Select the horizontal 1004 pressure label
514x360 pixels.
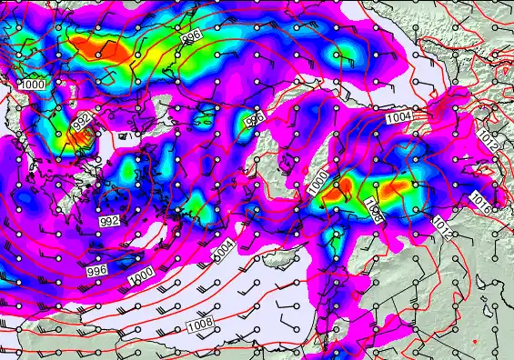click(x=398, y=118)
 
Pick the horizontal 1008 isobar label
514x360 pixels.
click(x=200, y=325)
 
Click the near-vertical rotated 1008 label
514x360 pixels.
click(x=372, y=209)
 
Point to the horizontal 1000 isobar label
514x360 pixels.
click(x=33, y=84)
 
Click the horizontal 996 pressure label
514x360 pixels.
click(x=97, y=270)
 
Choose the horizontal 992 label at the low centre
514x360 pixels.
click(x=109, y=221)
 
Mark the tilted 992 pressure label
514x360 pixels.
click(x=80, y=121)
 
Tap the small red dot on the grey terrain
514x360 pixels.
click(x=475, y=341)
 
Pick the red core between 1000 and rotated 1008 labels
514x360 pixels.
click(x=345, y=189)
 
